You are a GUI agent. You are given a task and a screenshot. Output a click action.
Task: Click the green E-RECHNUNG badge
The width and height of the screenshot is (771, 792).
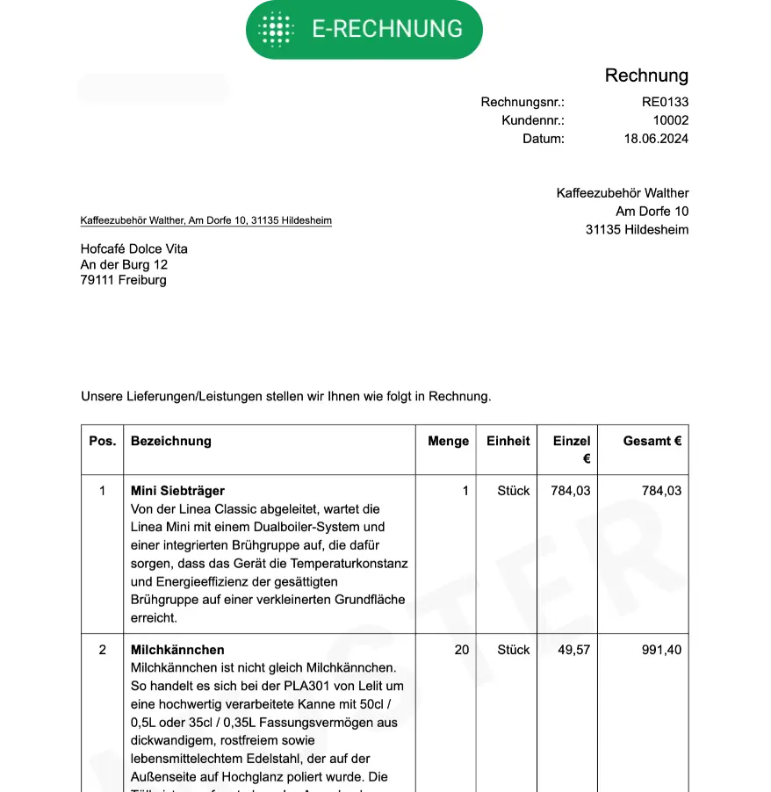364,30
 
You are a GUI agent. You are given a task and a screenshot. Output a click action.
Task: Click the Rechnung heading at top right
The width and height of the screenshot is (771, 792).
646,76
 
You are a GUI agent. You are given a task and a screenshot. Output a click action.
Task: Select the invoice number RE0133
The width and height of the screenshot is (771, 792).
665,102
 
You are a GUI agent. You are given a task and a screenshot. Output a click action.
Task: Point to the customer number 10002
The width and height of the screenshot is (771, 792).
670,120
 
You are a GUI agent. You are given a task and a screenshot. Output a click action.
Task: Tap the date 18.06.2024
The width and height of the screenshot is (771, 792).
656,139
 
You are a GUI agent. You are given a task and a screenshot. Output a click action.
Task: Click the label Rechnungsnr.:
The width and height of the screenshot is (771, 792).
522,102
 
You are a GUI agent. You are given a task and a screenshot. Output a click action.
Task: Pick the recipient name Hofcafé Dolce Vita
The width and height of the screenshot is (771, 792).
133,248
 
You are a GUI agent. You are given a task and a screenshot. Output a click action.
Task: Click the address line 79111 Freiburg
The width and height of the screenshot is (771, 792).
123,280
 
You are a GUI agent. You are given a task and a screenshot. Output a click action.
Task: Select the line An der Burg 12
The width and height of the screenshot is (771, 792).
124,264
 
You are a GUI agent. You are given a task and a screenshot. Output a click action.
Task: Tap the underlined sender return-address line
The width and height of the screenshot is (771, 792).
205,220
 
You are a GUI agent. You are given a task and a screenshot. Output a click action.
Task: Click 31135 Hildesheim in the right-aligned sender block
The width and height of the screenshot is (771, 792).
637,230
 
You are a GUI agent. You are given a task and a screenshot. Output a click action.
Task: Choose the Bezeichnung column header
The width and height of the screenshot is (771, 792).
171,441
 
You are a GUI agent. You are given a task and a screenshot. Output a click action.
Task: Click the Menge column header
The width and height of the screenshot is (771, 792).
448,441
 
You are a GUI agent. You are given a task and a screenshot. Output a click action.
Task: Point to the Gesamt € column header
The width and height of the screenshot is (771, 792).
652,441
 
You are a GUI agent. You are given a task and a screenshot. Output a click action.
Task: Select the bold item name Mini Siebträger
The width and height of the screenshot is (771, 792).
177,491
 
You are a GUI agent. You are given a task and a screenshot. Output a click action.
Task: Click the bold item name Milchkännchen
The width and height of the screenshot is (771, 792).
177,650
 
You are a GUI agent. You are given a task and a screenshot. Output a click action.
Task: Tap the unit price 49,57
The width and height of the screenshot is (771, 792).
570,650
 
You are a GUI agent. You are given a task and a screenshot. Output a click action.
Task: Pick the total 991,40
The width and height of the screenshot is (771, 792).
661,650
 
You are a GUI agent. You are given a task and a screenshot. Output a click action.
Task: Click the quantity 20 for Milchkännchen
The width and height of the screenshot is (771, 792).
461,650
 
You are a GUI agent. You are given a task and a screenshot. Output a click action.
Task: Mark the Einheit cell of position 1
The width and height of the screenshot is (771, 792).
513,491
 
